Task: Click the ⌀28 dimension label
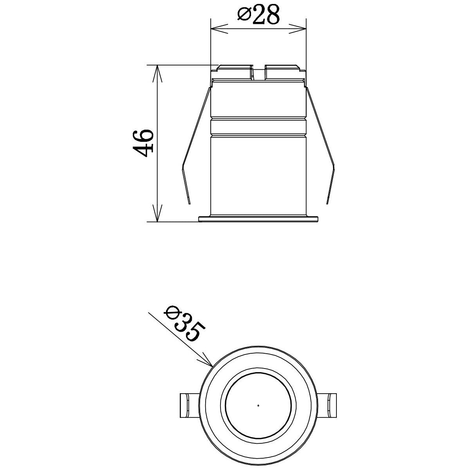(258, 15)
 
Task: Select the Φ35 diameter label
(184, 325)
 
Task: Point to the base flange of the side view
(258, 218)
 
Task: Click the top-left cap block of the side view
(233, 71)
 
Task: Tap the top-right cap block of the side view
(282, 71)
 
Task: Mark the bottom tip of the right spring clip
(327, 203)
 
